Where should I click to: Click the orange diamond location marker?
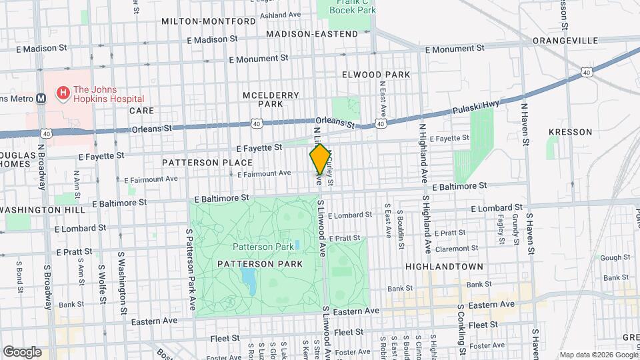[x=320, y=159]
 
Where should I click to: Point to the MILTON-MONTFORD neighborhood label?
[x=208, y=21]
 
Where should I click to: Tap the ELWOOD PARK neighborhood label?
[x=376, y=75]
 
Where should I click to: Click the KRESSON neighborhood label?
[x=570, y=132]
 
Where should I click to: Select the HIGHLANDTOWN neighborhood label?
[x=437, y=266]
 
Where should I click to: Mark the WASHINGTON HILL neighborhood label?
[x=43, y=210]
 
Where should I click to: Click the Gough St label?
[x=610, y=257]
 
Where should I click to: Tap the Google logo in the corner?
[x=22, y=351]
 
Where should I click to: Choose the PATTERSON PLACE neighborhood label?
[x=207, y=163]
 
